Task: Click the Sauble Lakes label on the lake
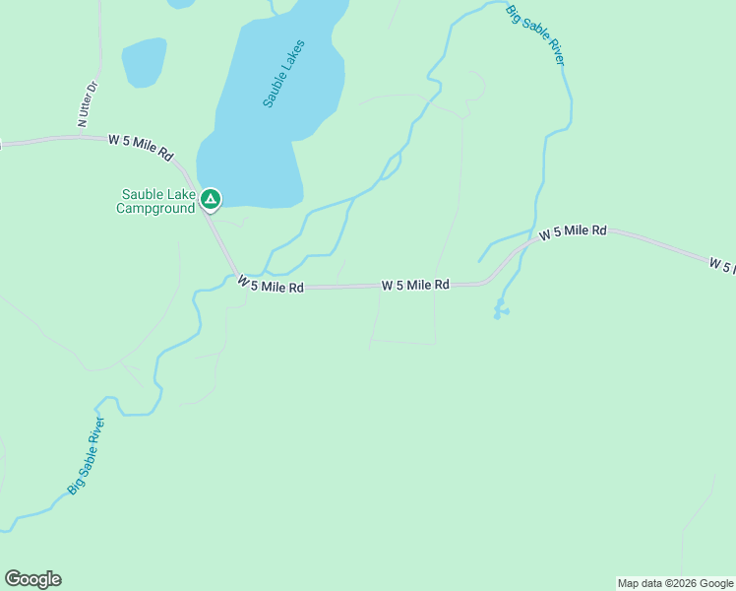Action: tap(284, 73)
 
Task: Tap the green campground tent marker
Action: tap(210, 199)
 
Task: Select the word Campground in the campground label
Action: tap(155, 208)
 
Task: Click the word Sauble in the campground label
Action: tap(139, 194)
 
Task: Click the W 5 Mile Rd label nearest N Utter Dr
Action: tap(140, 148)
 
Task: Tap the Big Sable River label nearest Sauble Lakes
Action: tap(536, 35)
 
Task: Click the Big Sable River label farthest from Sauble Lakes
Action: tap(86, 455)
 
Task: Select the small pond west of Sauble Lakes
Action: tap(144, 62)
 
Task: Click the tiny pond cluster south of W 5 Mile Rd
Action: tap(501, 309)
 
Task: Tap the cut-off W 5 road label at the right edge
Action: tap(721, 265)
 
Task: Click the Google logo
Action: tap(32, 579)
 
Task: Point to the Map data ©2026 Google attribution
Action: tap(674, 583)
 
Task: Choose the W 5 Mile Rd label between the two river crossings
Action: tap(415, 285)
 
